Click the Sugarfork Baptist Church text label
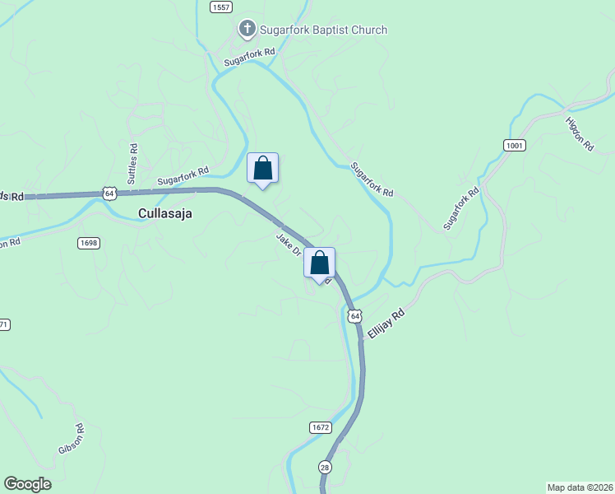coord(323,30)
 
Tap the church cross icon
coord(246,30)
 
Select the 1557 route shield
coord(220,7)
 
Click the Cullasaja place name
coord(165,213)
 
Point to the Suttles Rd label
coord(132,157)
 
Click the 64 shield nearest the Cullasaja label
coord(109,193)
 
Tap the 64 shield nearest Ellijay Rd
coord(354,316)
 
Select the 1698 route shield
coord(89,243)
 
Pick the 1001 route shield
coord(515,145)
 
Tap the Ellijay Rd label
coord(386,326)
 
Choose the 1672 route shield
coord(321,427)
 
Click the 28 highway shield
coord(325,467)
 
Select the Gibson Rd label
coord(72,439)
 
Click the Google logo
coord(27,484)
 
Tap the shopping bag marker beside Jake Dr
coord(320,264)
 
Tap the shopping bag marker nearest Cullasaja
coord(263,169)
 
